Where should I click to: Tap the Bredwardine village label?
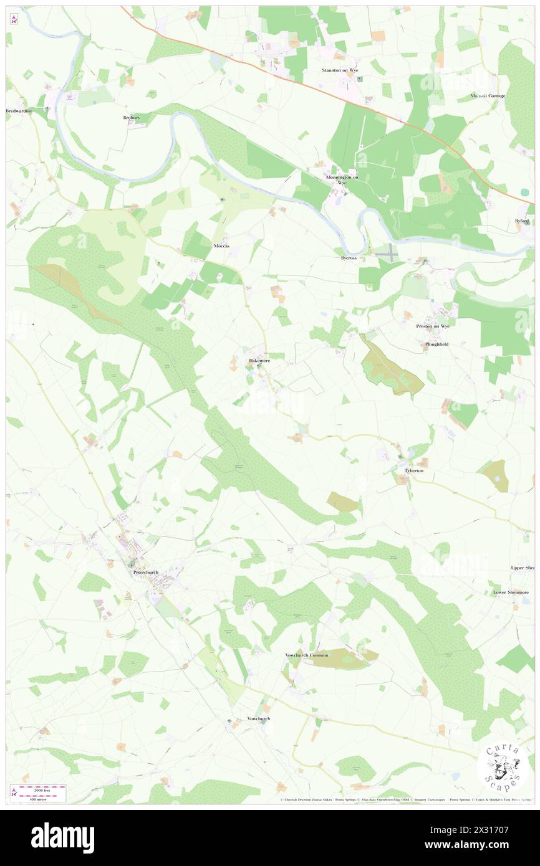[18, 111]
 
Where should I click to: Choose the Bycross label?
[349, 257]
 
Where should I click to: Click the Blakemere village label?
[259, 361]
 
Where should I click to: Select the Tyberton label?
[414, 470]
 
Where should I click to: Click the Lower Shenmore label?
[511, 592]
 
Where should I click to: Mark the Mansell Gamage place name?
[488, 96]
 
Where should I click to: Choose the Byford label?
[522, 221]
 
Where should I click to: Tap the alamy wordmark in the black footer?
[62, 838]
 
